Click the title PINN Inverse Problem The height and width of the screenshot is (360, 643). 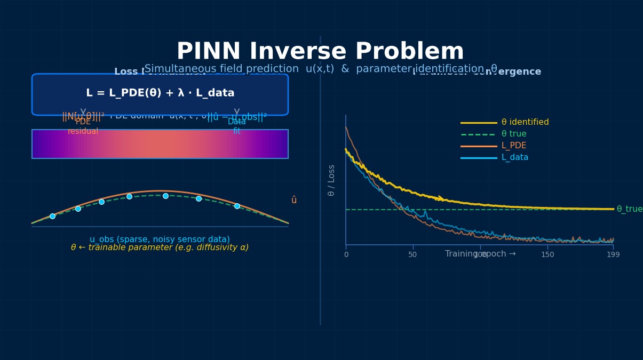point(320,52)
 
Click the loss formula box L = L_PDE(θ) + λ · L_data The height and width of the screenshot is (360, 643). point(160,94)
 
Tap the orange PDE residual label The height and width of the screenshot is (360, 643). point(83,126)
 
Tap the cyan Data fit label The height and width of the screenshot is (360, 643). point(237,126)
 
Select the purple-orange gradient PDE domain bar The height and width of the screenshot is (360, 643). point(160,144)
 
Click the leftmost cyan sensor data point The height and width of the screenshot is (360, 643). point(52,216)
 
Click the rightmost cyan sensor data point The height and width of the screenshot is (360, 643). point(237,206)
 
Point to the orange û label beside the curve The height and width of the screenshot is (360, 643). point(294,200)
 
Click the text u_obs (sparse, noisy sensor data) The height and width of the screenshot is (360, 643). point(160,239)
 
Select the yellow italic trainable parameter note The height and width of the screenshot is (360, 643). point(160,248)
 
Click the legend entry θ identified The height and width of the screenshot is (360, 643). point(525,122)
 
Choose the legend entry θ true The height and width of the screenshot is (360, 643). point(513,134)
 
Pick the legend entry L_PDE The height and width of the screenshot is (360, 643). point(513,146)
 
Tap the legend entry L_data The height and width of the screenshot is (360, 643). point(514,157)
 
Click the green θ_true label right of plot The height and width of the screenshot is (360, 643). point(629,209)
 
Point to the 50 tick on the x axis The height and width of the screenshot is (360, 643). point(412,255)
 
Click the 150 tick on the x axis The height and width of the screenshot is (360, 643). point(547,255)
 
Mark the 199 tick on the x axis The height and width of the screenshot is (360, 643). point(613,255)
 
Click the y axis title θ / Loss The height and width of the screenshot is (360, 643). point(331,180)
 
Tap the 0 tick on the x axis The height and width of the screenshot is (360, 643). point(346,255)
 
